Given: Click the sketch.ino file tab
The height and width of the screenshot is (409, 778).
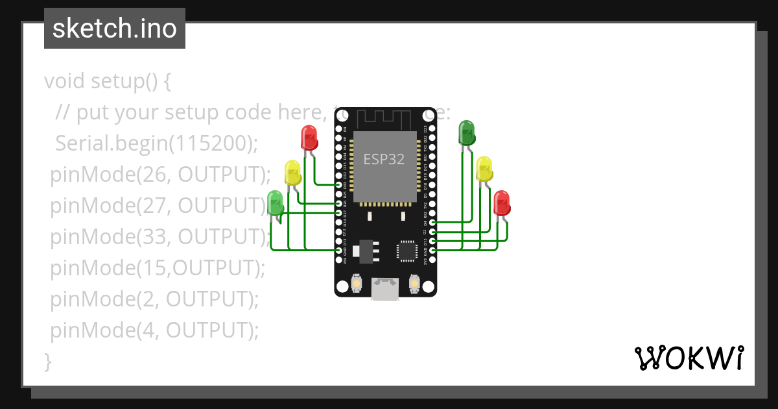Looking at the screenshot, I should click(x=115, y=29).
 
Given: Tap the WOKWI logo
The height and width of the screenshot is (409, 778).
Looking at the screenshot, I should click(x=689, y=358).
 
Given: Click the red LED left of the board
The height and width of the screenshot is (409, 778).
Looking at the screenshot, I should click(x=309, y=138).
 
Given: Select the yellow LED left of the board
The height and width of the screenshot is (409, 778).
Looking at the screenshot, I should click(x=292, y=172).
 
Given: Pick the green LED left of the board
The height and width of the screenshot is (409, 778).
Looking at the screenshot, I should click(x=275, y=203).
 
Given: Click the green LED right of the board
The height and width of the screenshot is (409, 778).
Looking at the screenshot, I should click(x=466, y=132).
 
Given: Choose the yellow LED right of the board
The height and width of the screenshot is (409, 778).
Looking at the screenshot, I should click(x=484, y=168).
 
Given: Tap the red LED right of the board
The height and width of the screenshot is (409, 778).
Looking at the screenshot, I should click(x=501, y=203).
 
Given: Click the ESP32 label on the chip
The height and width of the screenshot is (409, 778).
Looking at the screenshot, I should click(x=384, y=159).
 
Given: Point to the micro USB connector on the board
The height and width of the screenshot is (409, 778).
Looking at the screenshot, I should click(x=385, y=289).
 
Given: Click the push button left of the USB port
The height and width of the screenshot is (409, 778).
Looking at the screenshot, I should click(x=356, y=284).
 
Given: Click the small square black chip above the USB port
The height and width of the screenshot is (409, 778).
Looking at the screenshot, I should click(x=407, y=250).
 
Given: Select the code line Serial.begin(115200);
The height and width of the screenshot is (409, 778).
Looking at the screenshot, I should click(x=156, y=143).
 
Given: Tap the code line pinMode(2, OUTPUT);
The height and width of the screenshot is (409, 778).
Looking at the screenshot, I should click(x=154, y=299).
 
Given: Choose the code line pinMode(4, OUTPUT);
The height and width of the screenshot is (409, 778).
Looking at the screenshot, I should click(x=154, y=330).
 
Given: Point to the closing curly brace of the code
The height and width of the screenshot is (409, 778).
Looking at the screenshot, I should click(x=47, y=361).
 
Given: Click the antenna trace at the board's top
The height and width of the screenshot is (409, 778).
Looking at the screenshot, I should click(x=385, y=118).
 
